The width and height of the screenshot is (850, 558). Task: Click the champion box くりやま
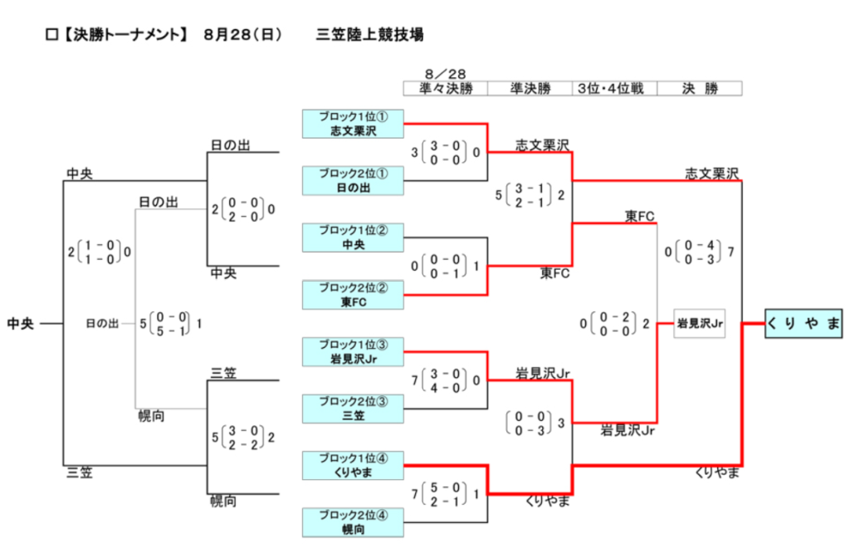(804, 324)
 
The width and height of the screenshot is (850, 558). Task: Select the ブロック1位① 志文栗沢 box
(353, 124)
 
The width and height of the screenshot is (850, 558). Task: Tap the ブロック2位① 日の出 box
(353, 180)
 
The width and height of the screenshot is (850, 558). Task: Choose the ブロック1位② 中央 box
(353, 237)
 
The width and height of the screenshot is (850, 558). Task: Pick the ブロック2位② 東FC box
(353, 295)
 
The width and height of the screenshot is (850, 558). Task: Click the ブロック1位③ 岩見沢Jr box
(353, 352)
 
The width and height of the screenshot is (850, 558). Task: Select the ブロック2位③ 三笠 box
(353, 409)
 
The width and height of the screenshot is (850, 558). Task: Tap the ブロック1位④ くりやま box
(353, 465)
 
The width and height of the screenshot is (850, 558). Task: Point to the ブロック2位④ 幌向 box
(353, 522)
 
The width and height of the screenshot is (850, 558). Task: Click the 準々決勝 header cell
(446, 88)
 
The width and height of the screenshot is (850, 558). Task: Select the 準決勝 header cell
(530, 88)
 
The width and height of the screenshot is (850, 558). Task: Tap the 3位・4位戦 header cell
(615, 88)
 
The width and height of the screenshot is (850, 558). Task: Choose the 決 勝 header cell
(700, 88)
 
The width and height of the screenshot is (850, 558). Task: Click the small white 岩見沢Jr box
(699, 324)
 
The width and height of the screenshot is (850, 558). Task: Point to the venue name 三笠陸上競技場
(369, 35)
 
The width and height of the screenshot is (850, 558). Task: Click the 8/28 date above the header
(446, 74)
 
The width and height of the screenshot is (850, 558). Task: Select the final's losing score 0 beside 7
(668, 252)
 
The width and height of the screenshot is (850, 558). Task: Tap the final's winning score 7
(730, 252)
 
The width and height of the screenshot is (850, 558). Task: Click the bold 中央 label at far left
(21, 324)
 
